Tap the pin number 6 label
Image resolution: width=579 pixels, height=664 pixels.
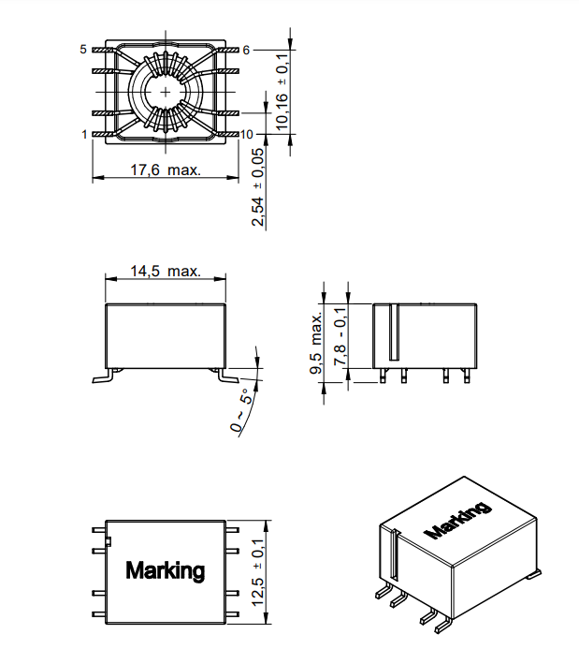[x=246, y=49]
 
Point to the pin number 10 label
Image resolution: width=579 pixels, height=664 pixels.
[x=247, y=135]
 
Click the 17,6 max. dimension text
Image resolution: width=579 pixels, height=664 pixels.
[x=165, y=170]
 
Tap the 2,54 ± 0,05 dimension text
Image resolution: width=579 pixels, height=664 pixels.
[x=258, y=186]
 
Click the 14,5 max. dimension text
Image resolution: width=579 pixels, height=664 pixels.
[x=165, y=271]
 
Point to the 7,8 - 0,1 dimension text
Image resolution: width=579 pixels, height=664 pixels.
[x=339, y=337]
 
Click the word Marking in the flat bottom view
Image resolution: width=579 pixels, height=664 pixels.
[x=165, y=570]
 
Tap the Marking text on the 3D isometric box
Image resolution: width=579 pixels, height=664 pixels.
[x=457, y=521]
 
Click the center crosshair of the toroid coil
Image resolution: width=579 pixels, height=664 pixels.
[x=166, y=92]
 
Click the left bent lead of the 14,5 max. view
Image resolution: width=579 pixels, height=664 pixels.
[x=103, y=376]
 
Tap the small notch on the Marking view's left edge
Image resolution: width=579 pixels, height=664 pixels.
[x=109, y=539]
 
